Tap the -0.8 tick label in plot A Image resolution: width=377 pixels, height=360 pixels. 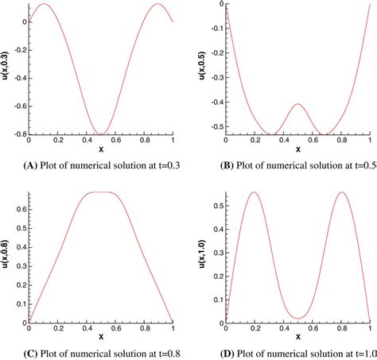click(x=17, y=134)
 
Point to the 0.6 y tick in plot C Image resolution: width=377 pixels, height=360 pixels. click(x=19, y=209)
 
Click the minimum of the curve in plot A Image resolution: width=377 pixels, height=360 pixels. click(x=101, y=134)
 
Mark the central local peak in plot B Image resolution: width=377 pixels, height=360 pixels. click(x=298, y=104)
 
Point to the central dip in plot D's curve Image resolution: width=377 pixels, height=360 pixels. click(x=298, y=319)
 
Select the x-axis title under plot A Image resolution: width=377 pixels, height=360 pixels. click(x=101, y=149)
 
